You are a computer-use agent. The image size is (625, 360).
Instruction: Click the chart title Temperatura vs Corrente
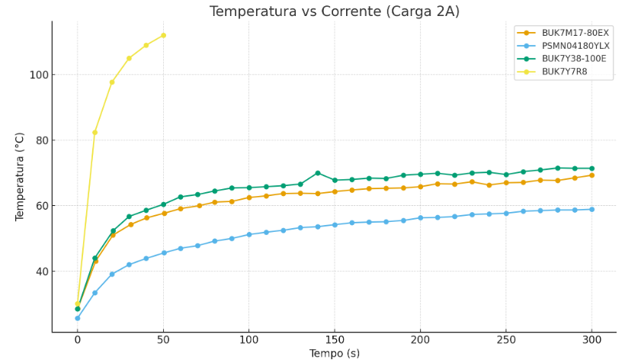pos(335,11)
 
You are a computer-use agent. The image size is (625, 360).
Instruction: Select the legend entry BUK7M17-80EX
pos(575,33)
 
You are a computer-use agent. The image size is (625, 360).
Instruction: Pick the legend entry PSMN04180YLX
pos(575,46)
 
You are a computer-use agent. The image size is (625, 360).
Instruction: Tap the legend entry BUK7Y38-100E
pos(574,59)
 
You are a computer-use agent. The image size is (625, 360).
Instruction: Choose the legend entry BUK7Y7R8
pos(565,72)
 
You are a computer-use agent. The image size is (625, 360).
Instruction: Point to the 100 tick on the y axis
pos(39,75)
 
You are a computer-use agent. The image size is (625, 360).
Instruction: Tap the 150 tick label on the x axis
pos(334,339)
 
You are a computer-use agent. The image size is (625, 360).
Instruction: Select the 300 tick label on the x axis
pos(591,339)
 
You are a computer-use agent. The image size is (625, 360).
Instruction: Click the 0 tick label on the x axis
pos(77,339)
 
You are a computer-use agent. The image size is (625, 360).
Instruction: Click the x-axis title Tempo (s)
pos(334,353)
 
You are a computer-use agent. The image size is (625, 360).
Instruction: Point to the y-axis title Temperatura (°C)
pos(21,176)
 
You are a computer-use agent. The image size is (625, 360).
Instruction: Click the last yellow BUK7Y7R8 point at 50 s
pos(163,35)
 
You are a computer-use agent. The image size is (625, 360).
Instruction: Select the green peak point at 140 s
pos(317,173)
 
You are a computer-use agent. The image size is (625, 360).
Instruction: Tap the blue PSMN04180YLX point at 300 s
pos(591,209)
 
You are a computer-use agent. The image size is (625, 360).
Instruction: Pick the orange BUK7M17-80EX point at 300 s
pos(591,175)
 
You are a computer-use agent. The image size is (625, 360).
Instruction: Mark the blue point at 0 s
pos(77,318)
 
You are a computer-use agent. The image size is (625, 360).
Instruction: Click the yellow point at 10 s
pos(95,132)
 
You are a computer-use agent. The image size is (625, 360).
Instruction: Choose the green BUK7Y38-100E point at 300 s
pos(591,169)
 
